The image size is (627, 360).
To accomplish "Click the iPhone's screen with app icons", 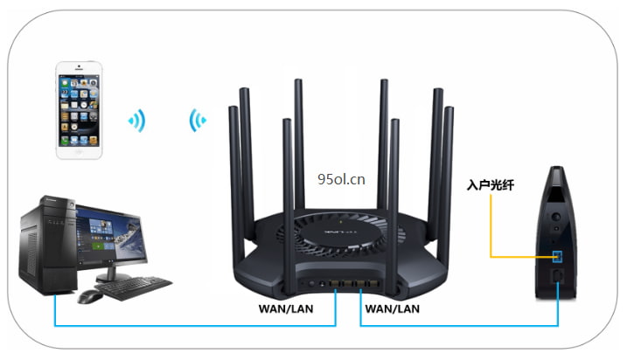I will click(85, 107).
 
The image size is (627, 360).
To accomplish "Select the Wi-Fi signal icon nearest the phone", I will click(137, 120).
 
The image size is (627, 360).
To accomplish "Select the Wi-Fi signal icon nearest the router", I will click(197, 120).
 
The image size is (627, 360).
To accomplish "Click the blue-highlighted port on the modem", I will click(558, 255).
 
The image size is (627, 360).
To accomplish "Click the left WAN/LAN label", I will click(285, 308).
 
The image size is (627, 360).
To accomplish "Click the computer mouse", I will click(89, 296).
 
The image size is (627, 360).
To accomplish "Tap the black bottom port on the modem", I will click(559, 278).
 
